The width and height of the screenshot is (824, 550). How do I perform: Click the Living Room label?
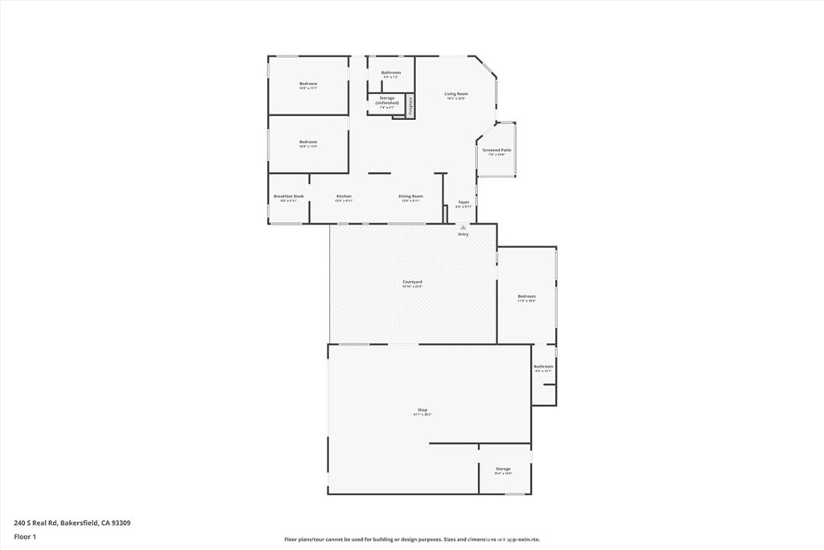(x=456, y=94)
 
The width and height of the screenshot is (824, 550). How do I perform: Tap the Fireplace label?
(x=410, y=107)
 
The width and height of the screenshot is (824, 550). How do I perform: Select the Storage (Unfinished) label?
(x=388, y=101)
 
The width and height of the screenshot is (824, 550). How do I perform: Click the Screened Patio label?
(x=496, y=150)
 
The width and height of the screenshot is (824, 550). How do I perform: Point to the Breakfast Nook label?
(x=288, y=196)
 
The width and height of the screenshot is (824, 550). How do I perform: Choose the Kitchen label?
(x=344, y=196)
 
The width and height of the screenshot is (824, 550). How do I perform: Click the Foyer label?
(x=463, y=202)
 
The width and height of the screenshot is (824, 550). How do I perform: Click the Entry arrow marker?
(x=463, y=227)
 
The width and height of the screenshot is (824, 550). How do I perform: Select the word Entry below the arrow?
(x=463, y=234)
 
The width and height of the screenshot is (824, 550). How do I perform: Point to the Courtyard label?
(x=412, y=282)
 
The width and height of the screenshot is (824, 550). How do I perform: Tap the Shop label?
(x=422, y=410)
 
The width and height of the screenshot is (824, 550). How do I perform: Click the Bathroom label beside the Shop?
(x=543, y=366)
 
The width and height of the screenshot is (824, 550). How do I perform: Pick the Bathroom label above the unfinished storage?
(x=391, y=72)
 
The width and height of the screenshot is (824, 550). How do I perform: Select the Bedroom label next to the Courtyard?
(x=526, y=296)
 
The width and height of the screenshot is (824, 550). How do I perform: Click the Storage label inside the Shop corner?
(x=503, y=469)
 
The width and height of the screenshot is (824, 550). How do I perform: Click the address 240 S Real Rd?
(x=72, y=523)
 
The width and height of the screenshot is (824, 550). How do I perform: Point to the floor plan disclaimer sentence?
(x=412, y=540)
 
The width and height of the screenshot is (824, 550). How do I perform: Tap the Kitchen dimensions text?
(x=344, y=201)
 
